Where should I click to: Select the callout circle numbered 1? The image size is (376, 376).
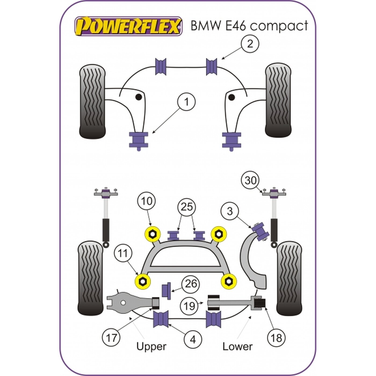(x=186, y=102)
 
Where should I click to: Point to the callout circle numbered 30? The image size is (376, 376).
(x=251, y=180)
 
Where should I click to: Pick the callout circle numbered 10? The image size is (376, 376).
(x=147, y=201)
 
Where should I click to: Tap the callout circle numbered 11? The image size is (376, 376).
(x=123, y=254)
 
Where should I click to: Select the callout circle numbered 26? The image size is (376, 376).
(x=191, y=284)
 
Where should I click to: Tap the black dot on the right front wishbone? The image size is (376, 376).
(x=232, y=97)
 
